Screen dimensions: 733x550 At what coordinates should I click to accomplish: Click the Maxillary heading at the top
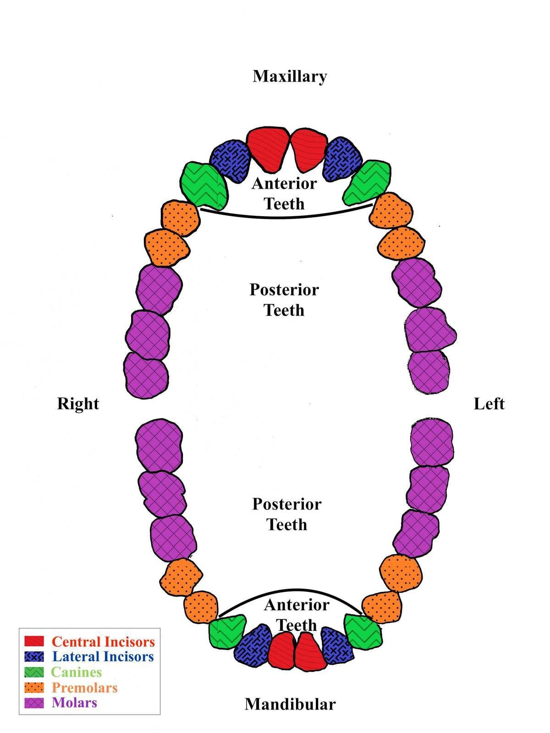coord(290,76)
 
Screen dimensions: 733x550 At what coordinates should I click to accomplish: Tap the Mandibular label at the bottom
coord(290,704)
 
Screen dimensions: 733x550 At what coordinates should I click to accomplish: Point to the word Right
coord(78,404)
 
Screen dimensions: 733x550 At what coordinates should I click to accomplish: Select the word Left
coord(489,404)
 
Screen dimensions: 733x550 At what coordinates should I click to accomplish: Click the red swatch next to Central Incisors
coord(34,641)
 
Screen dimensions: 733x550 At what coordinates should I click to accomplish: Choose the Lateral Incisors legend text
coord(103,656)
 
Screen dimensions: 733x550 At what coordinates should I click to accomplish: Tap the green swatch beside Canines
coord(34,672)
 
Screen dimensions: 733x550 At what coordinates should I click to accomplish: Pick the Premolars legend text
coord(84,688)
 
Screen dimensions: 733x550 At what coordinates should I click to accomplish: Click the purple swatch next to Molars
coord(34,703)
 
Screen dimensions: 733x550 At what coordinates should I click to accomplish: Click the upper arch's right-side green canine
coord(203,186)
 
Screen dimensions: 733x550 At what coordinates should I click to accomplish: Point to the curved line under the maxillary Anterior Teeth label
coord(286,216)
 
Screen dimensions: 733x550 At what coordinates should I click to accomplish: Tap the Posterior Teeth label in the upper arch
coord(284,300)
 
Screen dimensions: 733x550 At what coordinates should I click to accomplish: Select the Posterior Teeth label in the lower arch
coord(287,514)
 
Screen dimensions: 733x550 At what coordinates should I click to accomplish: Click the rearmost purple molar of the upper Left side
coord(428,371)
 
